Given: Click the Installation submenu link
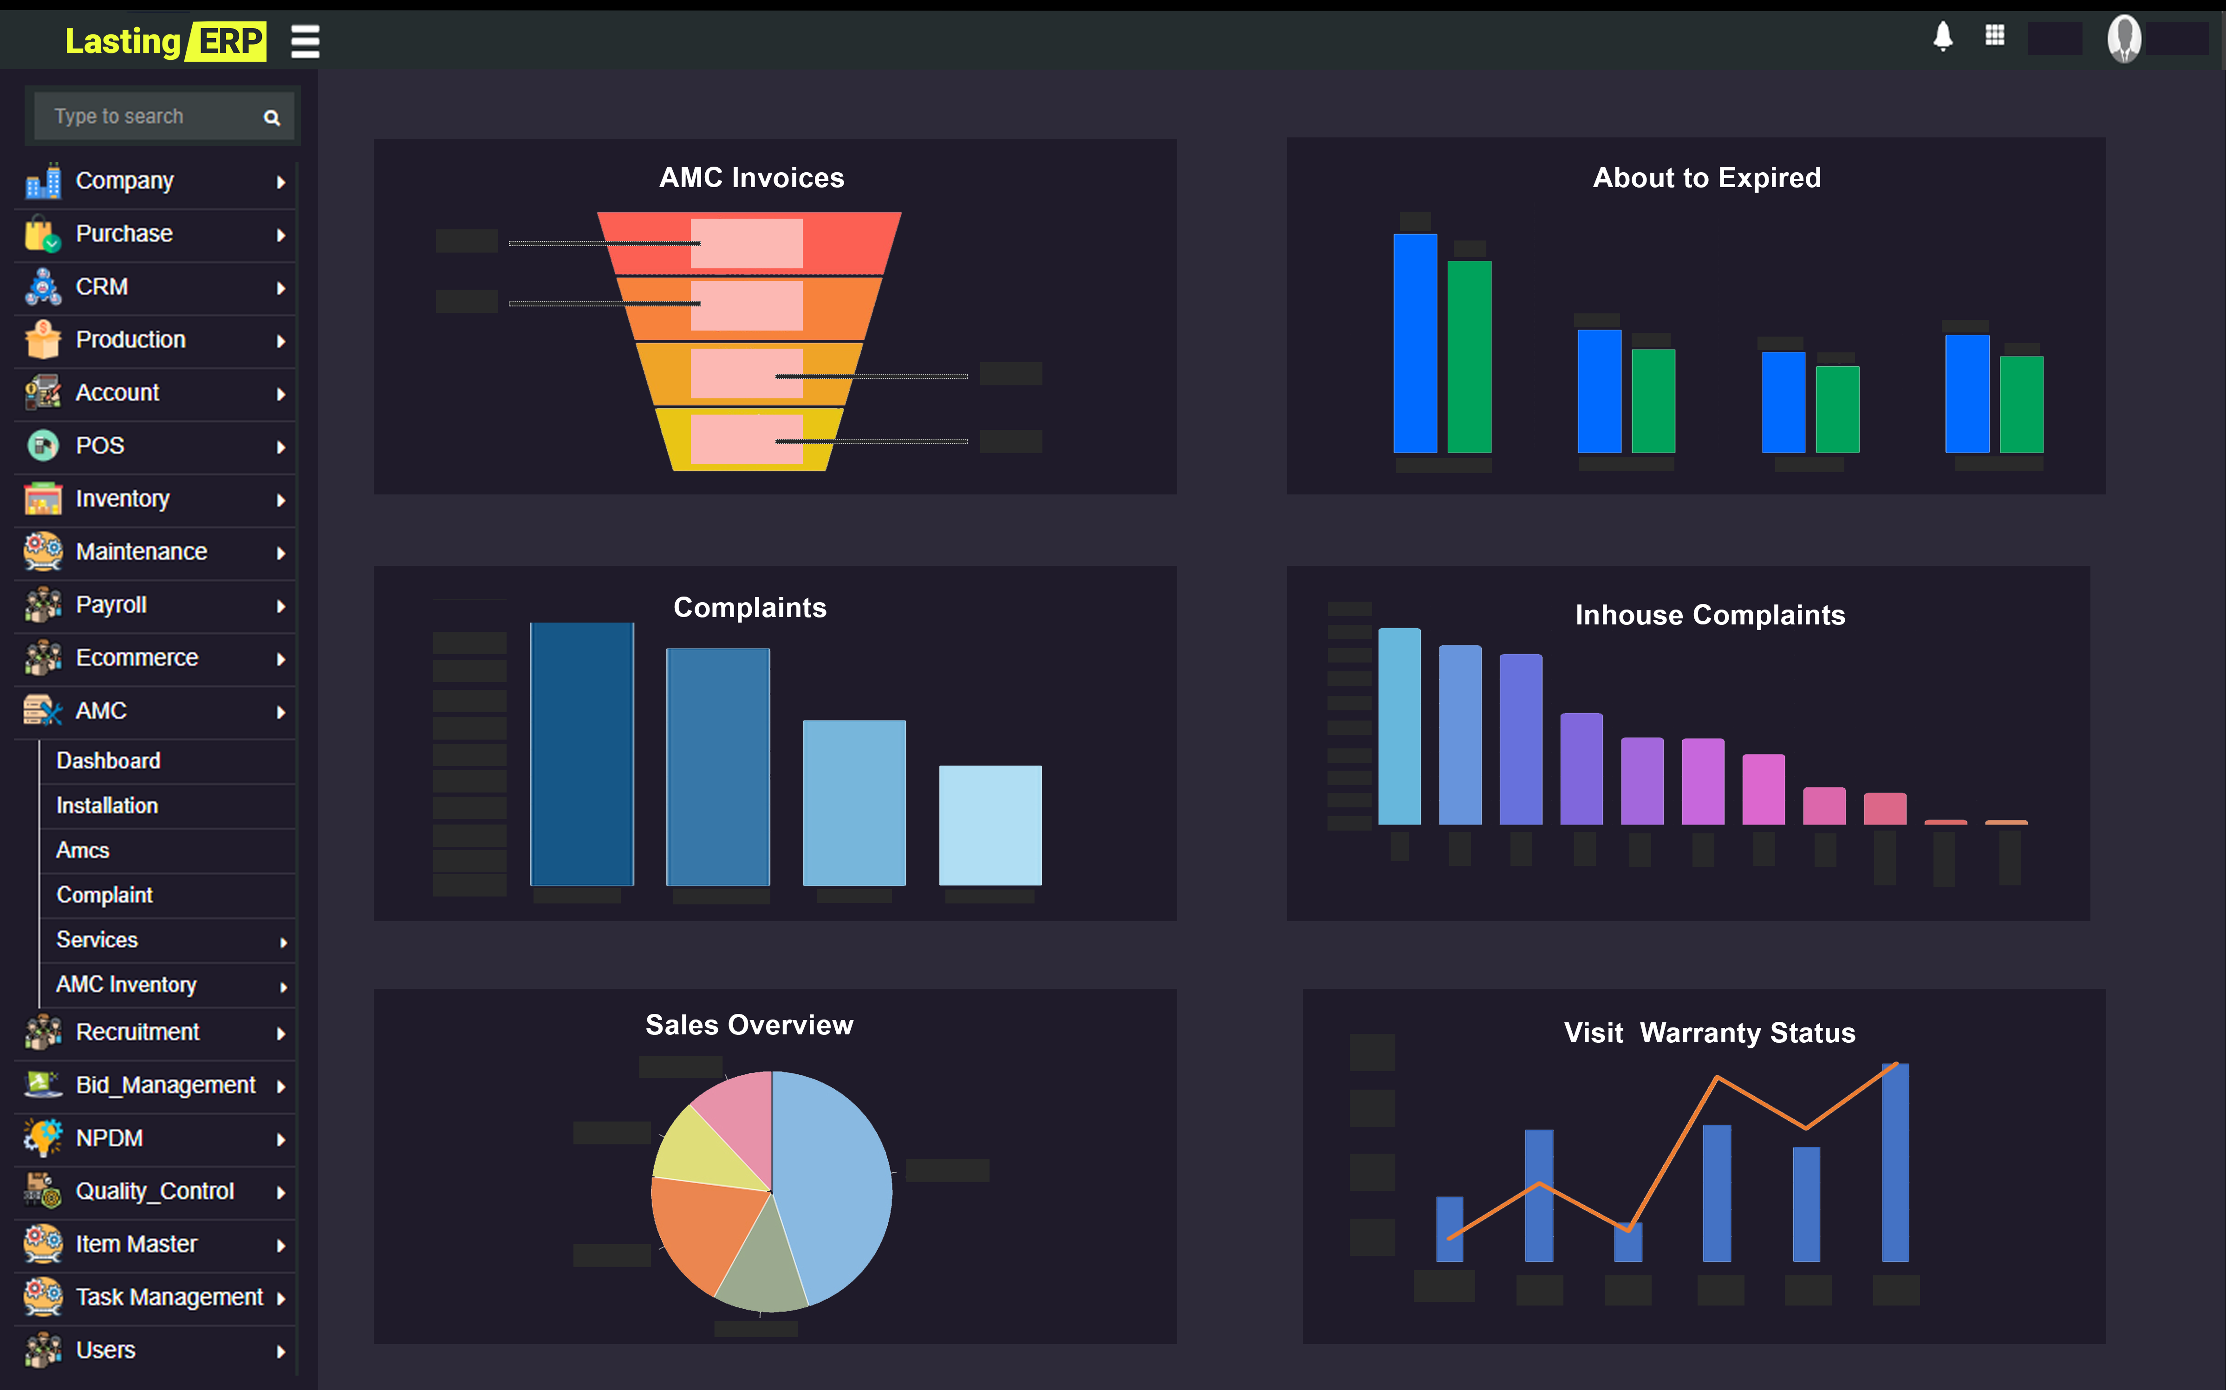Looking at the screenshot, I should click(x=107, y=805).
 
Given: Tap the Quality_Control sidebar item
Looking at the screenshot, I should click(x=155, y=1191).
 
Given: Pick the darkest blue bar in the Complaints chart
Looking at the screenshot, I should click(x=581, y=754).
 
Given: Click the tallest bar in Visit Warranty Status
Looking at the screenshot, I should click(x=1895, y=1163).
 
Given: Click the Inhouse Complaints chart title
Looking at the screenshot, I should click(x=1709, y=615).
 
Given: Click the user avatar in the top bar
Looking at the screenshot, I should click(x=2124, y=39).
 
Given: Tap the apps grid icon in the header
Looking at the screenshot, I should click(x=1994, y=36).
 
